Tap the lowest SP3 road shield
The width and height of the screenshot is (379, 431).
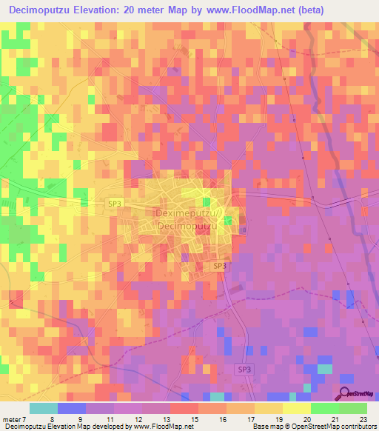coord(244,369)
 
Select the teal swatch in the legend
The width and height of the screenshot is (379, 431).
coord(43,408)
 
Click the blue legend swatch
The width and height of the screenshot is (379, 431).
coord(71,408)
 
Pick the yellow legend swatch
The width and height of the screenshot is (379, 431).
coord(296,408)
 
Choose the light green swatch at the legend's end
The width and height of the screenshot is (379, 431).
coord(352,408)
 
